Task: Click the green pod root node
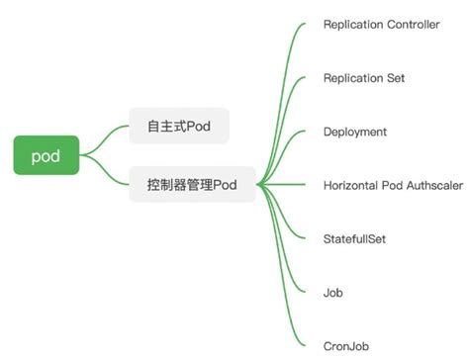coord(47,155)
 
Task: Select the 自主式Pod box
coord(179,127)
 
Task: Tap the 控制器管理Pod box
coord(192,185)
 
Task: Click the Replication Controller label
coord(381,25)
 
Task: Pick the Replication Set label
coord(363,78)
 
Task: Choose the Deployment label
coord(355,132)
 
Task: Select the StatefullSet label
coord(355,238)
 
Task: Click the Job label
coord(333,293)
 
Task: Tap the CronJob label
coord(344,345)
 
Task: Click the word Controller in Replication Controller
coord(412,25)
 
